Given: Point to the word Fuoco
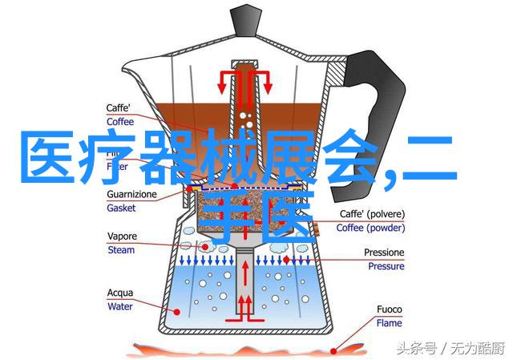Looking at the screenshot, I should point(391,309).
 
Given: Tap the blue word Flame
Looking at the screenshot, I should point(390,322).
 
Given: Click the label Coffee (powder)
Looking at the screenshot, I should point(371,228).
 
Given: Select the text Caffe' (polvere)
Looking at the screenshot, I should point(371,215).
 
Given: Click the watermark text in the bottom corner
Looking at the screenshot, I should point(454,346).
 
